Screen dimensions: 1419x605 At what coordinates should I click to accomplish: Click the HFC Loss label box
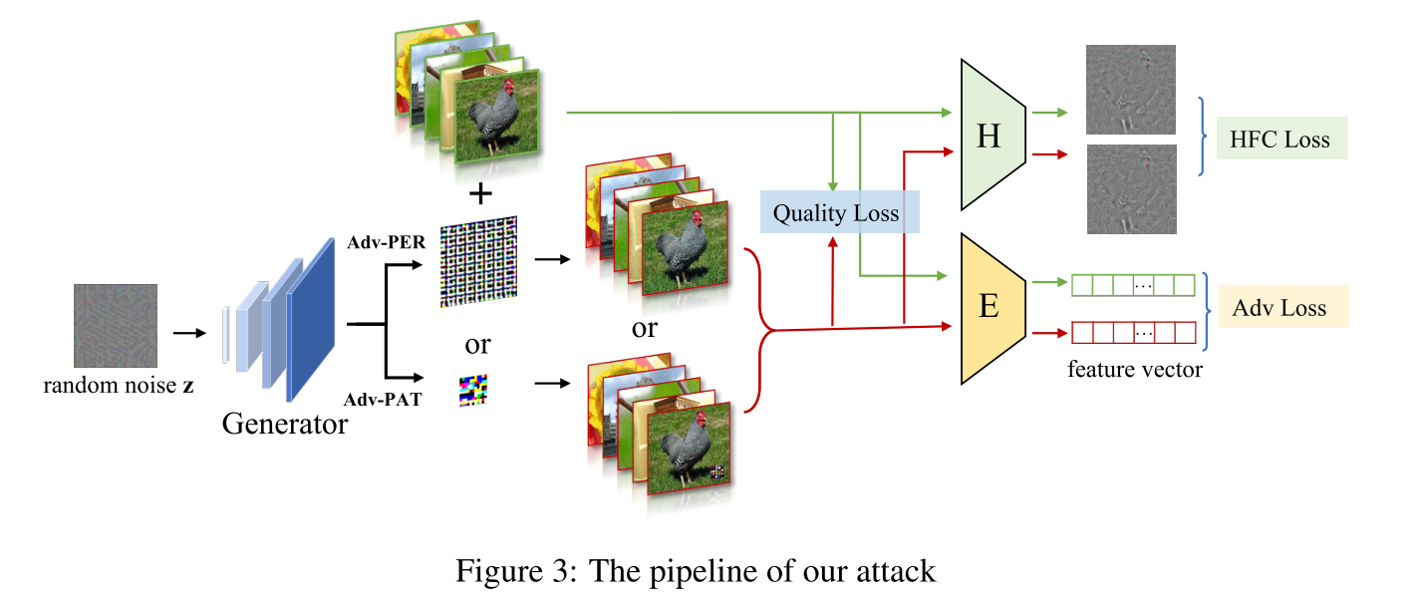pos(1281,139)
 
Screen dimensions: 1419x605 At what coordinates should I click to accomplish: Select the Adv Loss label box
pos(1283,307)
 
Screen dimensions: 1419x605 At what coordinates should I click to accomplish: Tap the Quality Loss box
pos(839,211)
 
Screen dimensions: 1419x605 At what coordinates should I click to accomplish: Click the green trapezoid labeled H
pos(993,135)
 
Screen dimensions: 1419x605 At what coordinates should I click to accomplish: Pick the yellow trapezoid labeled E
pos(993,309)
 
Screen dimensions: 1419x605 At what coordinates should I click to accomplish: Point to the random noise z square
pos(116,326)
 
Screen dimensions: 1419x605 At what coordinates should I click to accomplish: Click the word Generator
pos(284,424)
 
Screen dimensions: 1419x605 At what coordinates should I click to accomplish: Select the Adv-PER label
pos(386,242)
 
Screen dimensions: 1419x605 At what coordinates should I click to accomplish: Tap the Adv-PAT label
pos(382,399)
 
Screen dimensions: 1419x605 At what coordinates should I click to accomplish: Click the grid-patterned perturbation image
pos(479,261)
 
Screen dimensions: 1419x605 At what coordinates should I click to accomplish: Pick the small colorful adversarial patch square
pos(473,391)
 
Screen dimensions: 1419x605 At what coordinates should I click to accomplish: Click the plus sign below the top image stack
pos(481,193)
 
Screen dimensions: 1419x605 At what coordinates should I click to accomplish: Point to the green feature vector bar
pos(1133,285)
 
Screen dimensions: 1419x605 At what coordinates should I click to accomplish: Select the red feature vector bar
pos(1133,333)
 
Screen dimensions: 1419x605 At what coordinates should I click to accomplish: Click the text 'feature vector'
pos(1135,370)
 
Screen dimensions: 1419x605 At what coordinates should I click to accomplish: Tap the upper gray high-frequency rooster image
pos(1131,90)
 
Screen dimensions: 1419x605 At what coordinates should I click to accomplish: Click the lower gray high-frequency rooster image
pos(1131,188)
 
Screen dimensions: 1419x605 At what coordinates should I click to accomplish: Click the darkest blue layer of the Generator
pos(311,320)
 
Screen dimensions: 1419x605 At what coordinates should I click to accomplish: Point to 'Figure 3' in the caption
pos(515,571)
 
